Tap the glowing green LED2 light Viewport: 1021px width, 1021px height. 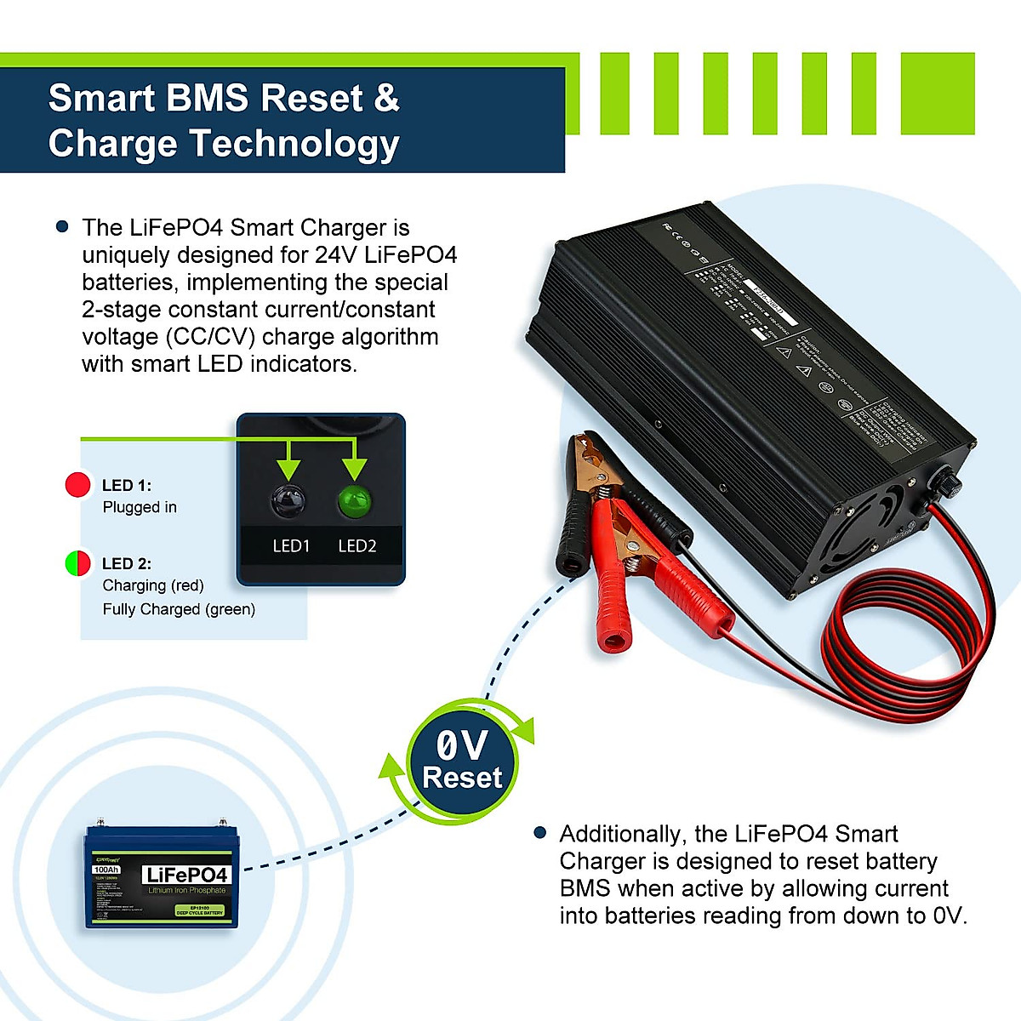[x=355, y=501]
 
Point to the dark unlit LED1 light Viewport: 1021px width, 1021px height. [x=289, y=501]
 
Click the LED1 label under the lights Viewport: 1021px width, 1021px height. [x=291, y=546]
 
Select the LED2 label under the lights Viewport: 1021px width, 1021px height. [x=356, y=546]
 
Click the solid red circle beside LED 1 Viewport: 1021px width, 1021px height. [x=77, y=485]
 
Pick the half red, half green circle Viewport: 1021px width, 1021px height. [x=77, y=563]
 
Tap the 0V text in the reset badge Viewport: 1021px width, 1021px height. [x=461, y=746]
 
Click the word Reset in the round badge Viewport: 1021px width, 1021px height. [x=462, y=778]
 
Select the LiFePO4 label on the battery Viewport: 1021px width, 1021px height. [x=187, y=876]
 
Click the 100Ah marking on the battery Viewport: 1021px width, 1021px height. [x=106, y=870]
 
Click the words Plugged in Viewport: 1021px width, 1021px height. [x=140, y=507]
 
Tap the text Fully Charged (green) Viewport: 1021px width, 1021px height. [x=179, y=609]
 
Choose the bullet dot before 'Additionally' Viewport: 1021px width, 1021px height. [x=539, y=833]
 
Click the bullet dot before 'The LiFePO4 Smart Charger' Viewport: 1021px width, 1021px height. [x=62, y=227]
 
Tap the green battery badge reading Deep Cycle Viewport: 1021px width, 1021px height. [x=201, y=910]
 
